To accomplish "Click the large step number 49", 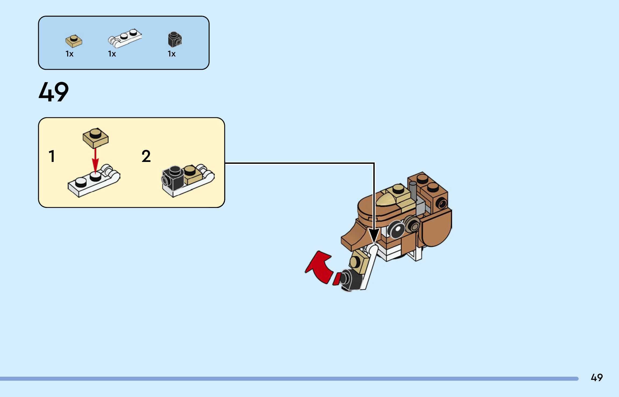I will click(54, 92).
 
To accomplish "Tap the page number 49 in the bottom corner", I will click(596, 377).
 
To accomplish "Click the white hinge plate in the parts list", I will click(125, 38).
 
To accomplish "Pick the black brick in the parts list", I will click(175, 40).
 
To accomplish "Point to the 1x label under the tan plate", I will click(69, 54).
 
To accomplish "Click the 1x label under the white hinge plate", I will click(112, 54).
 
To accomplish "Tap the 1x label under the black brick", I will click(171, 54).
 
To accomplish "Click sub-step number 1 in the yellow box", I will click(52, 156).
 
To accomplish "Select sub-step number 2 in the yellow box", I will click(146, 156).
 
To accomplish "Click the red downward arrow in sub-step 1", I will click(95, 160).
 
